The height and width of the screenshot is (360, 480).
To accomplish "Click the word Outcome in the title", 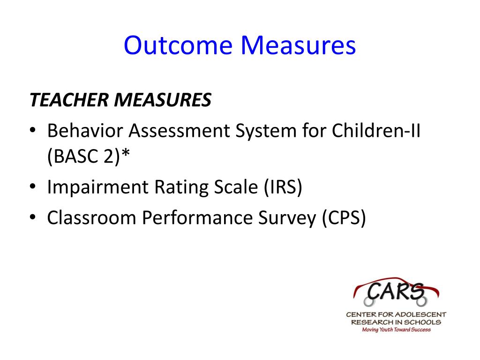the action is tap(178, 45).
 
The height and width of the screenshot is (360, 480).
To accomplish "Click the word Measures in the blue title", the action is tap(298, 45).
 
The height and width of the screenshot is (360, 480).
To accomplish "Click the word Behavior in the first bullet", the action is tap(85, 131).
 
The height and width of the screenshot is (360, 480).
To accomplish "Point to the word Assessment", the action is tap(179, 131).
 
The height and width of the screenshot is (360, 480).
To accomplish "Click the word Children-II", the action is tap(376, 131).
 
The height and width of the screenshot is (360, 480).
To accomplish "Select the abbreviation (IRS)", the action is tap(283, 187).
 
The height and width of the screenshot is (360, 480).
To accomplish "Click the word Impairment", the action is tap(97, 187).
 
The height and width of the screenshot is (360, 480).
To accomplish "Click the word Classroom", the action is tap(91, 217).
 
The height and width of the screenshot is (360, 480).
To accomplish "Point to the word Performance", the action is tap(197, 217).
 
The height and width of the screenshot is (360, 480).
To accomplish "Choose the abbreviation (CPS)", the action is tap(344, 217).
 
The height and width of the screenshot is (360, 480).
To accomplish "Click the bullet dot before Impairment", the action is tap(33, 186).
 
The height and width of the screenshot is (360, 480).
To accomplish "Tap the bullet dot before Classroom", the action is tap(33, 217).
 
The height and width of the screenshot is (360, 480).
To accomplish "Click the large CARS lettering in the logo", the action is tap(396, 291).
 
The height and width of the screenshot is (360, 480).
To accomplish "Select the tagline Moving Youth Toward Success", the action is tap(397, 330).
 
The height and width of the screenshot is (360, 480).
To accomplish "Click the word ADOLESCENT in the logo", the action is tap(420, 315).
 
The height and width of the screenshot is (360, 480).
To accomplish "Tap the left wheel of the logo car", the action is tap(369, 301).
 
